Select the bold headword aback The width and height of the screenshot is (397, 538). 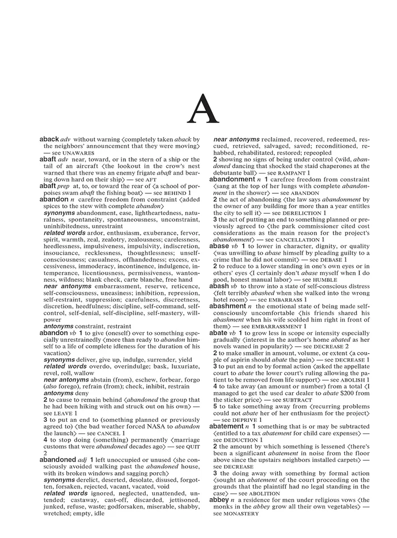pos(49,139)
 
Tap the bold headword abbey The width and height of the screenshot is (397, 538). pos(219,500)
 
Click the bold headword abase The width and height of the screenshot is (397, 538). pos(219,247)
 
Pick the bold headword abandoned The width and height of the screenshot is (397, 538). pos(57,460)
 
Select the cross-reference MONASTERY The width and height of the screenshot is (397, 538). pos(240,514)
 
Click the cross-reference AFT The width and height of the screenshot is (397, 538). pos(150,179)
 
